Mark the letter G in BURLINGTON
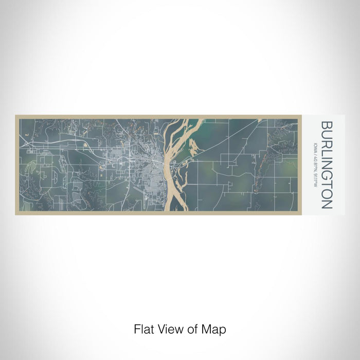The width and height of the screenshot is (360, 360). point(325,180)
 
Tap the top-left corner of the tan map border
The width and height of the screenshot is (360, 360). point(16,116)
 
